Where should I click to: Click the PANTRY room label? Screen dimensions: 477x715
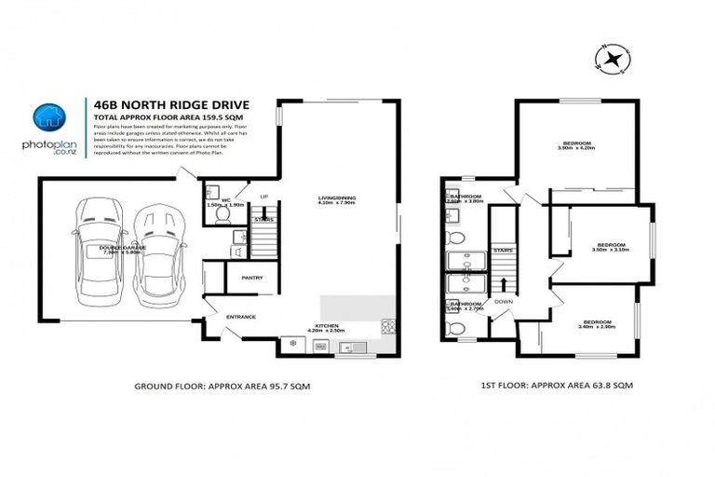tap(251, 278)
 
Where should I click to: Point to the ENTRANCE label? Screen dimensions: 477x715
tap(240, 317)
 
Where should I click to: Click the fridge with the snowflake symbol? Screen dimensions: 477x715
tap(294, 347)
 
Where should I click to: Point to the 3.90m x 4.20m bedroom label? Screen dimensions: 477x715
tap(574, 145)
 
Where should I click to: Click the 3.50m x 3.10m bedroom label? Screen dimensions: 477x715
tap(611, 247)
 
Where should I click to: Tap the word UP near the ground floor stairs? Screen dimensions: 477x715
tap(263, 197)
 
